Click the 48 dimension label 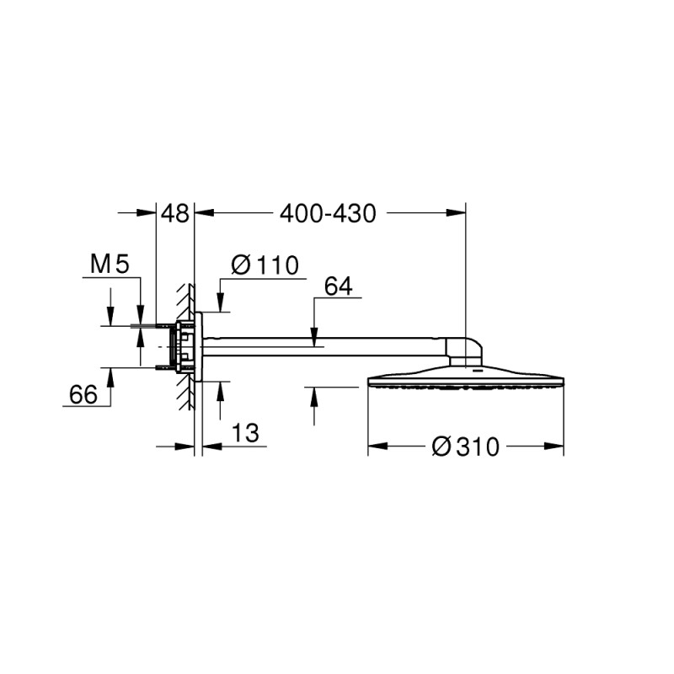point(174,213)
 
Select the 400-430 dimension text point(328,213)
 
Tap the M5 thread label point(110,264)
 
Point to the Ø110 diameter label point(265,265)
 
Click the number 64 point(339,286)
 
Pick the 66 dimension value point(83,394)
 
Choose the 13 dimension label point(245,433)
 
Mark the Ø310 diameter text point(466,447)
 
